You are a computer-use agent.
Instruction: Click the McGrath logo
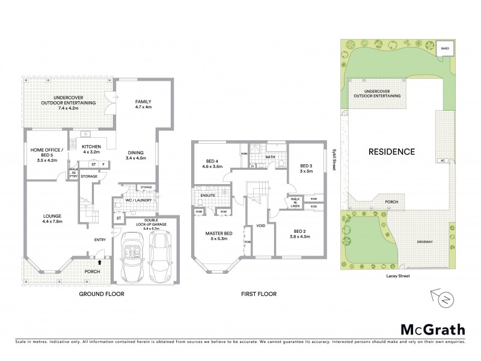433,329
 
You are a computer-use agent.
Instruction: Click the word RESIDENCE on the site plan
391,152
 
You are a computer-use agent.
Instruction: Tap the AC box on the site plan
443,161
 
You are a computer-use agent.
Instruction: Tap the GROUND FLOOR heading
102,294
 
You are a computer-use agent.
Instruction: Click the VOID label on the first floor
260,226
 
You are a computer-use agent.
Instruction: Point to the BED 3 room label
305,168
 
